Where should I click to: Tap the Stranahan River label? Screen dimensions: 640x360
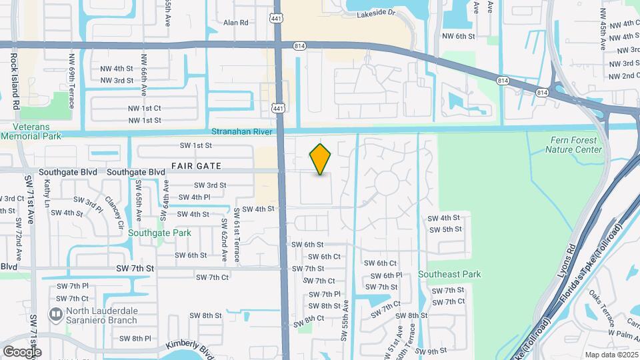coord(242,132)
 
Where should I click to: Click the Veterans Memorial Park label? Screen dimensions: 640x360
coord(31,131)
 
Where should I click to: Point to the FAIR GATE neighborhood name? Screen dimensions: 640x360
coord(195,165)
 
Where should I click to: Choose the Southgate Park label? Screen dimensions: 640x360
coord(159,233)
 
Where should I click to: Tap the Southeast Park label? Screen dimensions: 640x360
coord(449,274)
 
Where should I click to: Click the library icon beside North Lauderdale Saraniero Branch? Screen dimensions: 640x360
coord(56,313)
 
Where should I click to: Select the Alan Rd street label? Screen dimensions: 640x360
coord(236,23)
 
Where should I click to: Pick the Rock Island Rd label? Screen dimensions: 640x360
coord(14,74)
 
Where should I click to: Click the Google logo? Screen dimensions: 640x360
coord(22,351)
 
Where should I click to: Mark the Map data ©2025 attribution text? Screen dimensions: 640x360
coord(611,355)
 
